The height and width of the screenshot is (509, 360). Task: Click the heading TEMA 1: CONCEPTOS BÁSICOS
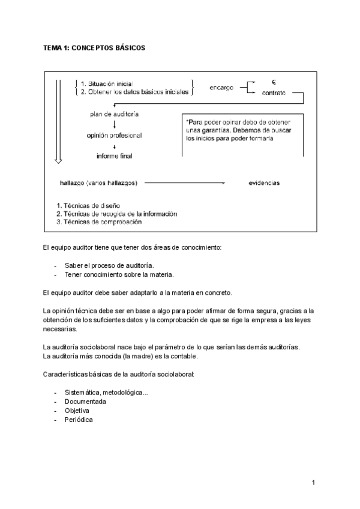[x=94, y=47]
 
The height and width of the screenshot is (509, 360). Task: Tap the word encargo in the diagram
[x=221, y=88]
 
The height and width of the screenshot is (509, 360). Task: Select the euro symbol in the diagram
[x=273, y=82]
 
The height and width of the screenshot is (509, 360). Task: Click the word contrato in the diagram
[x=274, y=93]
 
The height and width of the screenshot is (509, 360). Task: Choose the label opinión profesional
[x=114, y=136]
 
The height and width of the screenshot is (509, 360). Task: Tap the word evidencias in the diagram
[x=264, y=183]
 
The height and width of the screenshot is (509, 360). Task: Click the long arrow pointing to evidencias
[x=184, y=182]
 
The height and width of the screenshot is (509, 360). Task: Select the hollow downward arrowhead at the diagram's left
[x=58, y=160]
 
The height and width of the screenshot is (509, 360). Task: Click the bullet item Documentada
[x=86, y=401]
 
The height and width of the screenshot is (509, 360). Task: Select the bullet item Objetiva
[x=81, y=411]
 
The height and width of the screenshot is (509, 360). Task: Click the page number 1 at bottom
[x=313, y=482]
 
